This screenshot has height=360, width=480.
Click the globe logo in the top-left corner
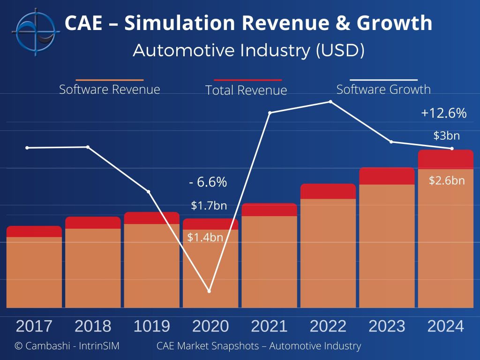click(x=36, y=32)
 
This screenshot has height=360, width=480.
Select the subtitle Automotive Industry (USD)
click(x=248, y=50)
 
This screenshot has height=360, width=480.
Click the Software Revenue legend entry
click(x=110, y=89)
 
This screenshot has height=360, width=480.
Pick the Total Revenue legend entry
click(x=246, y=90)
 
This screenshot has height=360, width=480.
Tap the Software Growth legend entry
click(x=383, y=89)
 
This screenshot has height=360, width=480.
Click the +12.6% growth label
click(x=443, y=113)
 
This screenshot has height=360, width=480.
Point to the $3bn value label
click(x=446, y=136)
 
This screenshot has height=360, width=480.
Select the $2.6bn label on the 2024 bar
click(x=447, y=180)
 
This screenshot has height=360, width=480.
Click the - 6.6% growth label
click(x=208, y=182)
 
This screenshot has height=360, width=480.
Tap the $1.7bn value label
click(x=209, y=205)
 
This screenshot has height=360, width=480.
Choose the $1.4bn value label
click(x=205, y=237)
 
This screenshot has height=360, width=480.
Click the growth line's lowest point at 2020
click(x=209, y=291)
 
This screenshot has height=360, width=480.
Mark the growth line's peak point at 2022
click(x=331, y=102)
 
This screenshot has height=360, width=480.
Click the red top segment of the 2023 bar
click(x=387, y=176)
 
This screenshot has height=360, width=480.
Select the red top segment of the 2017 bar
click(x=34, y=232)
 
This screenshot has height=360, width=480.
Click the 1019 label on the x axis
click(x=152, y=326)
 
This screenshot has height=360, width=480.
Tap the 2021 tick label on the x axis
click(x=269, y=326)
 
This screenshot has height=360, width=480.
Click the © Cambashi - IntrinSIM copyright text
click(x=67, y=346)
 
